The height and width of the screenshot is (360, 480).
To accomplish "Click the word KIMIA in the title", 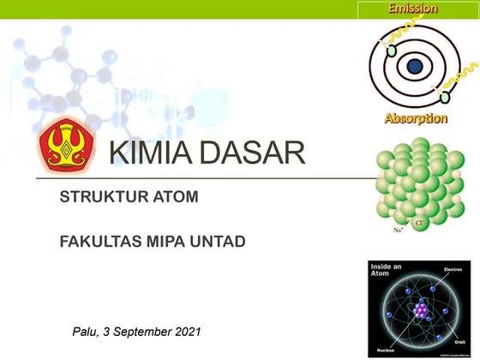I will tap(149, 154).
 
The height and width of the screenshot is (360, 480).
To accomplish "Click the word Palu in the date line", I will tap(88, 331).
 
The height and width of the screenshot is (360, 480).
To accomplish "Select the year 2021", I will tap(188, 331).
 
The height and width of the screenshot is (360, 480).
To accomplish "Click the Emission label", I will tap(412, 9).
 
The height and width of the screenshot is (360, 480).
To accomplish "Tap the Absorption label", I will tap(416, 118).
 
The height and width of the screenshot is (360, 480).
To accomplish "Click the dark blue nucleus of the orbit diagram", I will tap(415, 64).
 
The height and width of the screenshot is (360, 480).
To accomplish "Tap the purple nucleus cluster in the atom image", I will tap(421, 310).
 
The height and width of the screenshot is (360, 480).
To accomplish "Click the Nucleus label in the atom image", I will tap(383, 349).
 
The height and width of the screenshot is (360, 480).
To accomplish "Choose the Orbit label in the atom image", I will tap(465, 339).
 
